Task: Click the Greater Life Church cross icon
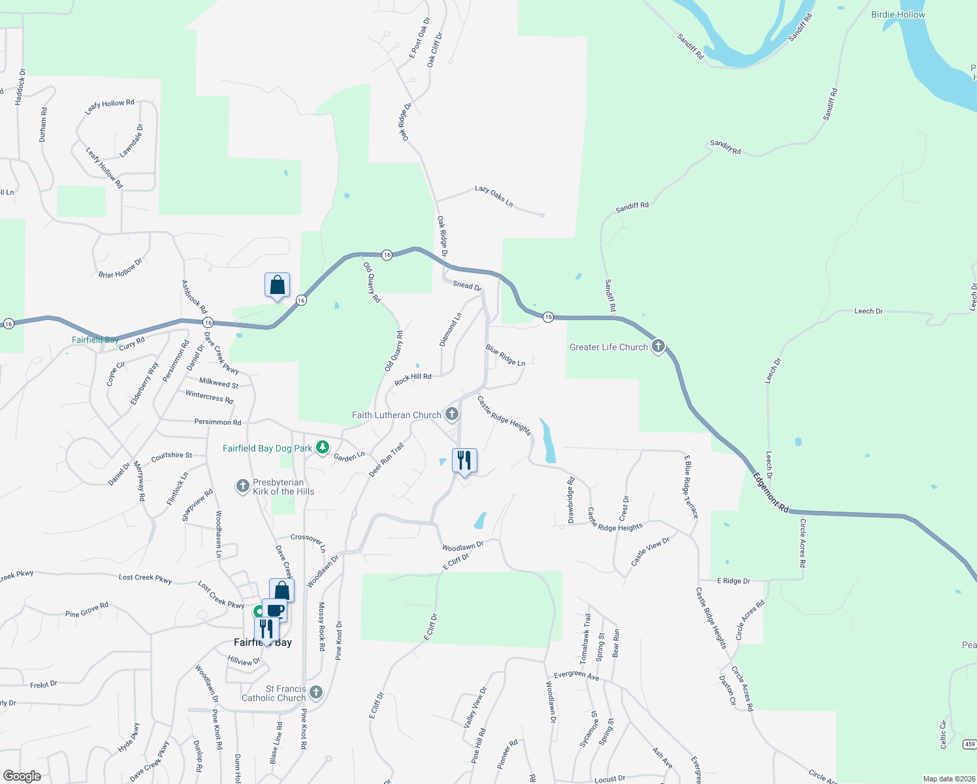point(658,346)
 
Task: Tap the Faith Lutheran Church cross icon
point(451,414)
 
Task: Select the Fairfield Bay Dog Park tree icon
point(322,448)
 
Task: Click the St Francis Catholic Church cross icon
point(316,692)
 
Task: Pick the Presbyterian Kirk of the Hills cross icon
point(243,485)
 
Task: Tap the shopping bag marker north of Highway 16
point(277,286)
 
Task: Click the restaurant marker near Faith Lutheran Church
point(464,461)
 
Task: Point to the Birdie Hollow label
point(898,14)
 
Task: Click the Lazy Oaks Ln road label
point(494,196)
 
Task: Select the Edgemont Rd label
point(771,492)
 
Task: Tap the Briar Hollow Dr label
point(120,269)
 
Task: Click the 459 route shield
point(969,744)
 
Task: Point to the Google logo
point(22,776)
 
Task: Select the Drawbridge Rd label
point(571,500)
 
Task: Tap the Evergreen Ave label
point(576,676)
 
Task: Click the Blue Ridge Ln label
point(505,355)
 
